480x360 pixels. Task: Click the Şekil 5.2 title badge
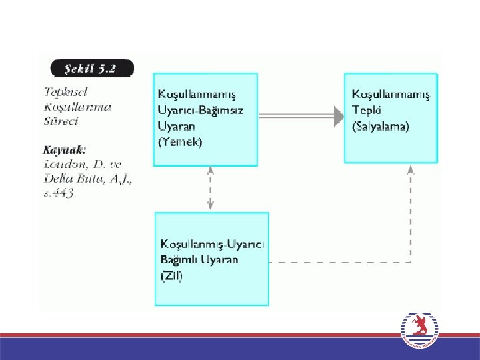pos(91,69)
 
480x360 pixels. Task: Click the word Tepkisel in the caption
pos(65,91)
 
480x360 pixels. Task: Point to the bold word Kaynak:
pos(65,149)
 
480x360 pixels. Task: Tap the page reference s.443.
pos(59,194)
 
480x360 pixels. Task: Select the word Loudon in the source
pos(62,165)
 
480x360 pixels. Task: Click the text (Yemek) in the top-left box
pos(179,141)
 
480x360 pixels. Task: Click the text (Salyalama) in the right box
pos(380,125)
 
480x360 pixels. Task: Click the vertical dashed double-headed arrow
pos(211,189)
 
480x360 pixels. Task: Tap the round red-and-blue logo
pos(421,331)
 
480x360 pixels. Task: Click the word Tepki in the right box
pos(366,109)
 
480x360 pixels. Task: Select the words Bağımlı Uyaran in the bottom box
pos(199,260)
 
